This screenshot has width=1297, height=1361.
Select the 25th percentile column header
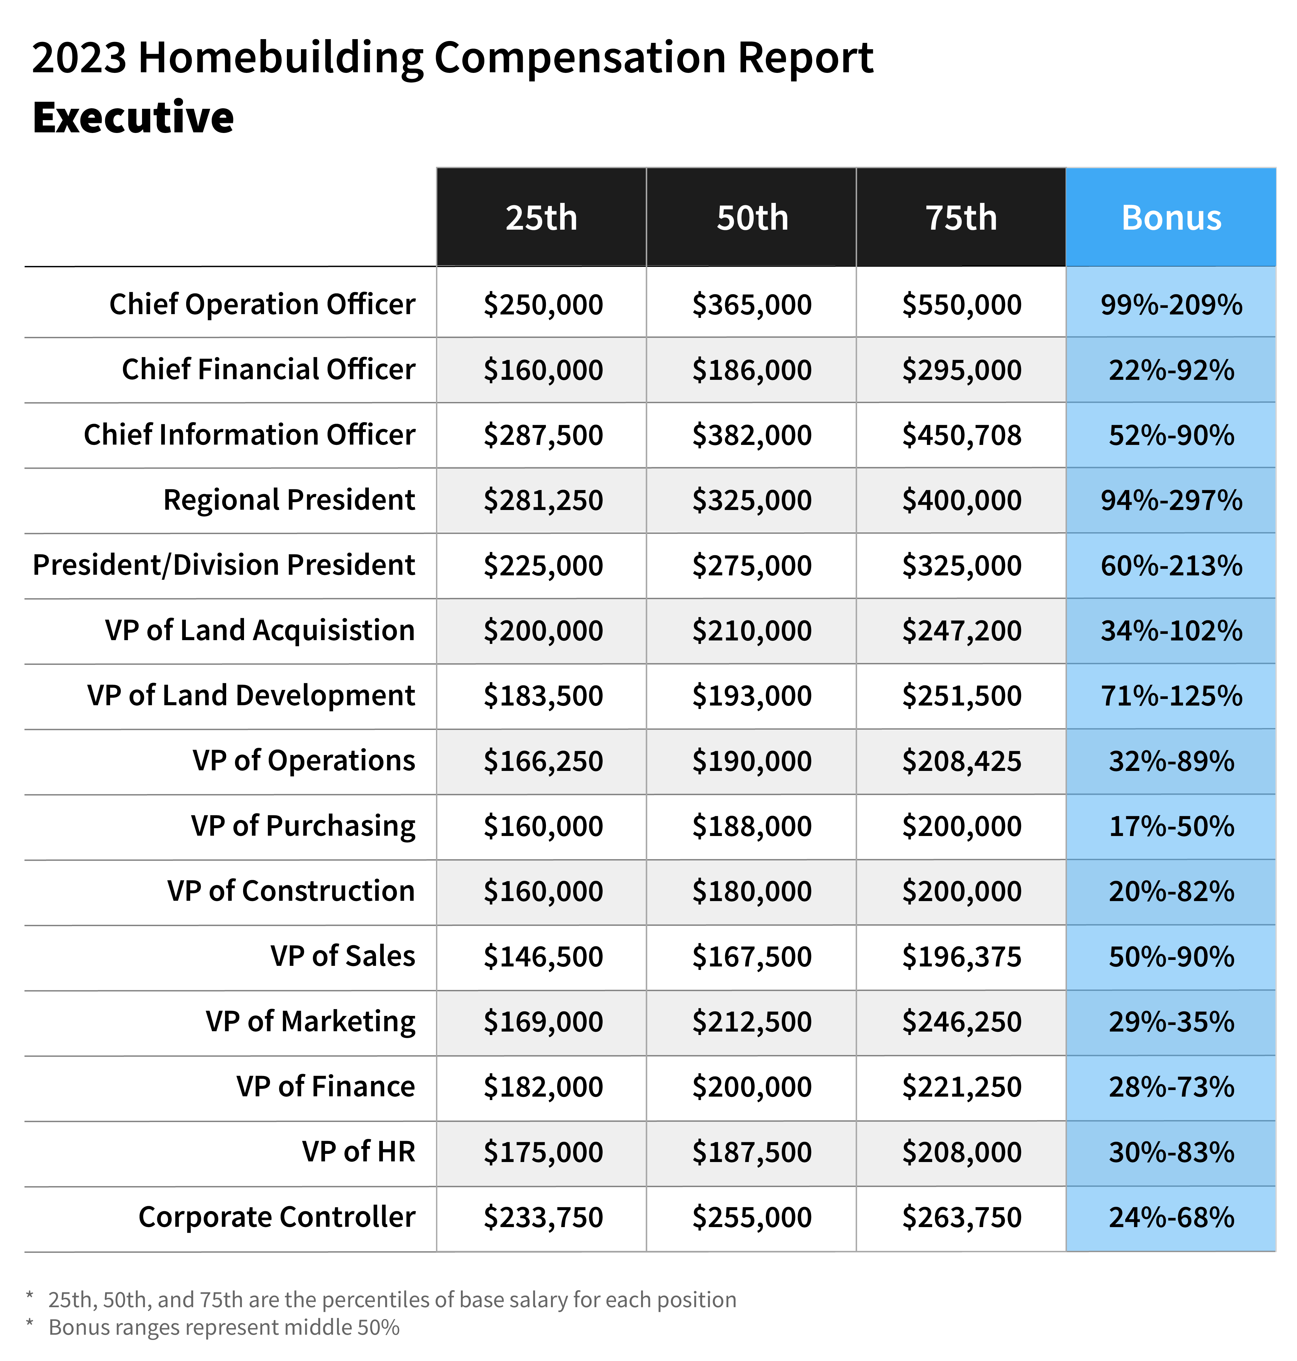(541, 218)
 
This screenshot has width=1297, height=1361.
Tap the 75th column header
(961, 218)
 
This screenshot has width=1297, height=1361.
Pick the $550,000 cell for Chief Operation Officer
(961, 304)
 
